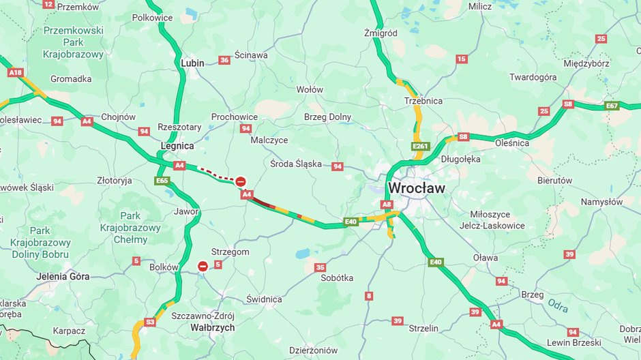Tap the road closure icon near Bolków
point(203,266)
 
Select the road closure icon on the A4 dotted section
point(241,181)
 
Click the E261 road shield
point(420,146)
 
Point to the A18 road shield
point(15,72)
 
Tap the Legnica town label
point(177,146)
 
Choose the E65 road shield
point(162,181)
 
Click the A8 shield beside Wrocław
point(387,204)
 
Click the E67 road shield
point(612,106)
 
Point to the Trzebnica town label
point(423,101)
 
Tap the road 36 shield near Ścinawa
point(224,61)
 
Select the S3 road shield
point(150,322)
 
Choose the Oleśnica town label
point(512,143)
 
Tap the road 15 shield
point(462,59)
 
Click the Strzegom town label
point(230,252)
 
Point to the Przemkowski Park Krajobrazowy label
point(73,42)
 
